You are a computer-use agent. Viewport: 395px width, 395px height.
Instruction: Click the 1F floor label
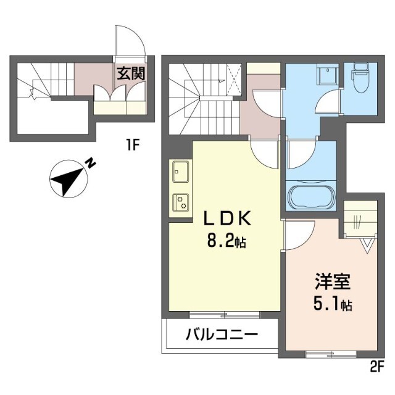(134, 146)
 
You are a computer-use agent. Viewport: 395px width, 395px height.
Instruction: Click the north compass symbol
(66, 179)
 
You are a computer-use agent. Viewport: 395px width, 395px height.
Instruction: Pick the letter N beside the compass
(90, 164)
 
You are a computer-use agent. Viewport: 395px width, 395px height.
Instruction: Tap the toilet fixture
(359, 79)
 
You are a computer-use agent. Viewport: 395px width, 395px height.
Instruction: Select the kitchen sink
(181, 168)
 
